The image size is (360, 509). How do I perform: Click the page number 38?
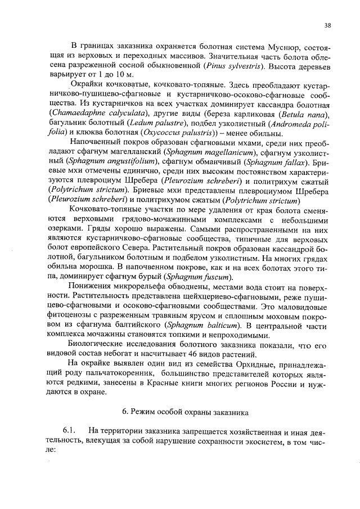(328, 25)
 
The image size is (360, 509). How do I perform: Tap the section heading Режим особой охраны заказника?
(185, 412)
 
